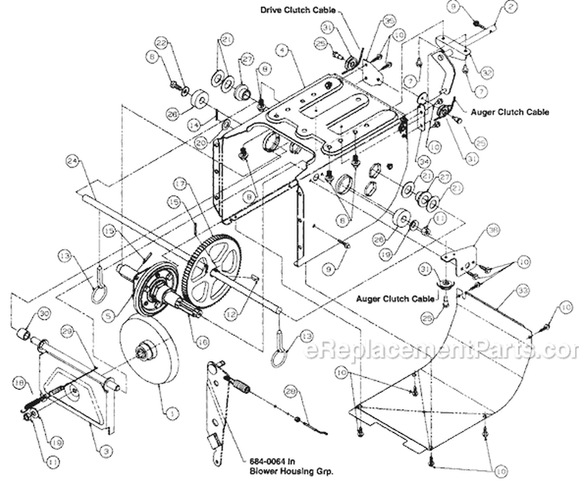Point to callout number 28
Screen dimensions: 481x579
pos(290,392)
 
